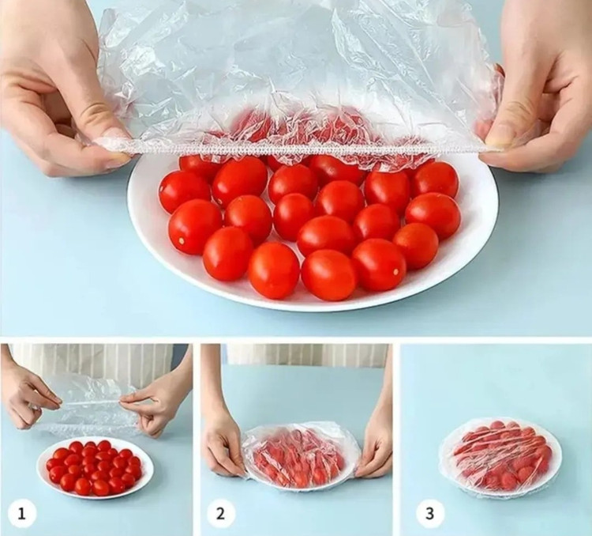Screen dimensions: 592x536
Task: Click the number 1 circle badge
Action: click(x=22, y=514)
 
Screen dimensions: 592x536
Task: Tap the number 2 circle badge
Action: click(x=220, y=514)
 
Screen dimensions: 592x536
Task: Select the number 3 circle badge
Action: click(x=430, y=514)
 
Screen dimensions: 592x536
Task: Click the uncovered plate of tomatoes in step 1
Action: click(x=96, y=468)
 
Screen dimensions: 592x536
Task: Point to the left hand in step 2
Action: click(x=223, y=435)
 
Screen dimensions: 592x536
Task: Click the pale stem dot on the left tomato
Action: click(x=182, y=240)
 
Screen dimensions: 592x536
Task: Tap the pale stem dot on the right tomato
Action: click(x=395, y=271)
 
